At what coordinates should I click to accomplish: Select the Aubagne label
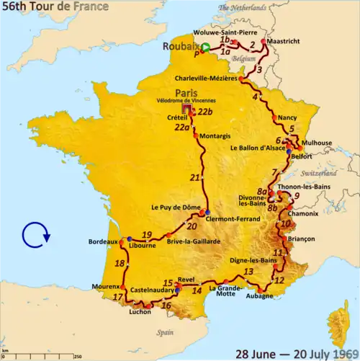[260, 295]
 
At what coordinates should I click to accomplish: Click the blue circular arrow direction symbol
[36, 235]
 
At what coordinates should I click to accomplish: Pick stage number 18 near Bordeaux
[119, 264]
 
